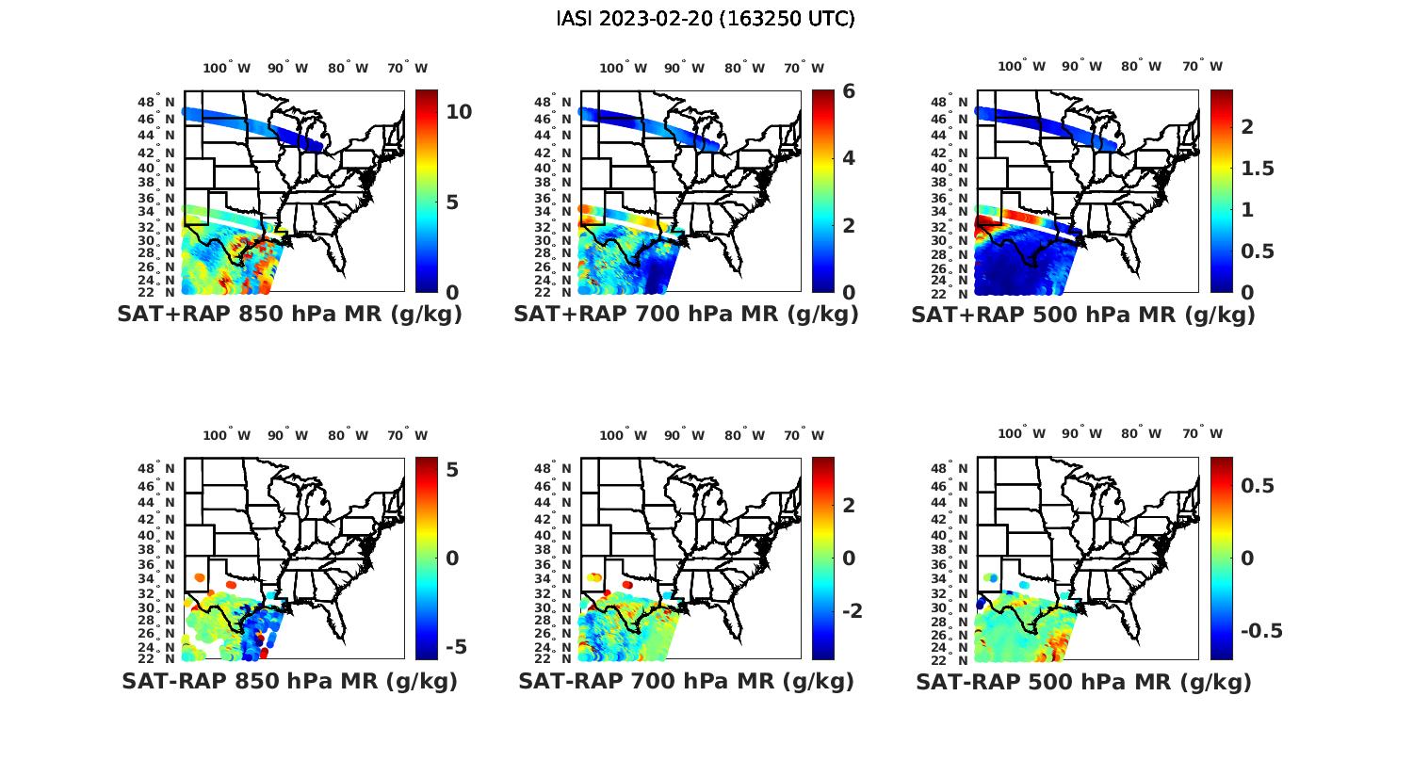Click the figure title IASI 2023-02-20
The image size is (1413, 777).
pyautogui.click(x=706, y=19)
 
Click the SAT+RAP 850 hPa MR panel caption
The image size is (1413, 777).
pyautogui.click(x=289, y=315)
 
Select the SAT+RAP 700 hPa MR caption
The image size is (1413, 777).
pyautogui.click(x=686, y=315)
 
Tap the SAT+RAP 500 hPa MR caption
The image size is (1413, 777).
pyautogui.click(x=1082, y=315)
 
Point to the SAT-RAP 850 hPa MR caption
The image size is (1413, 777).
pyautogui.click(x=289, y=681)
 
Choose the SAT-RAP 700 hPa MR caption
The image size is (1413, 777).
pyautogui.click(x=686, y=681)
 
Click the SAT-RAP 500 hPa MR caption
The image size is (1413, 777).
pyautogui.click(x=1083, y=682)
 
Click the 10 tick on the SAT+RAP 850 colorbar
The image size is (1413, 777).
pyautogui.click(x=459, y=111)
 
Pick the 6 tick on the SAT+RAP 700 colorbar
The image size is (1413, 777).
pyautogui.click(x=849, y=91)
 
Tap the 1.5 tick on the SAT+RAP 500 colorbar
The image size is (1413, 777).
pyautogui.click(x=1258, y=169)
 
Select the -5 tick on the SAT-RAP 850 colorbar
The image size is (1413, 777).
pyautogui.click(x=455, y=647)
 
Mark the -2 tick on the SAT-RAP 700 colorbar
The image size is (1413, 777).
pyautogui.click(x=852, y=611)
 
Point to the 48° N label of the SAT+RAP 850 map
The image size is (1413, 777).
pyautogui.click(x=156, y=102)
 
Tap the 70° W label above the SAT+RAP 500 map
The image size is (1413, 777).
pyautogui.click(x=1202, y=66)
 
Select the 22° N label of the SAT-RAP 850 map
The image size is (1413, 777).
pyautogui.click(x=156, y=658)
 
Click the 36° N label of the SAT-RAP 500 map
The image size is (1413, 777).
pyautogui.click(x=950, y=564)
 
